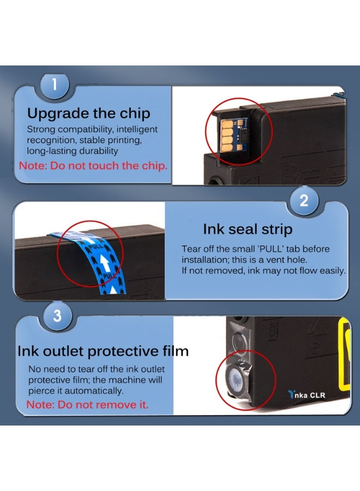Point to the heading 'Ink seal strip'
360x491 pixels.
[x=248, y=229]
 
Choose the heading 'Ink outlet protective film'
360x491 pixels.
[x=103, y=351]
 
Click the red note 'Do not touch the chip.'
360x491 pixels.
[x=109, y=166]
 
